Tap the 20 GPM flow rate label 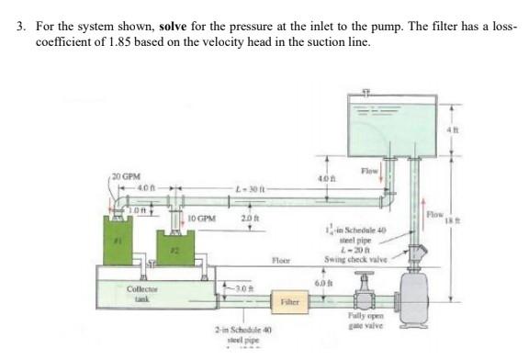(x=126, y=174)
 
